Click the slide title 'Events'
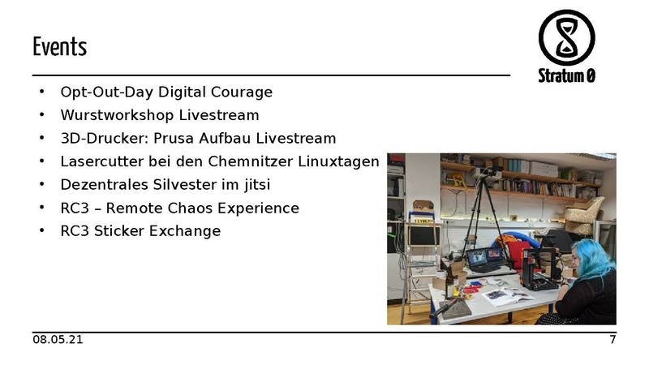59,46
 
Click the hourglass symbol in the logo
566,36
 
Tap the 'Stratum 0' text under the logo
566,76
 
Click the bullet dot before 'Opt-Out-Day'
41,92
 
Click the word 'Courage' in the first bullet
243,92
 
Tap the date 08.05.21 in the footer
58,339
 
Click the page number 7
612,339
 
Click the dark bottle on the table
449,283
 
